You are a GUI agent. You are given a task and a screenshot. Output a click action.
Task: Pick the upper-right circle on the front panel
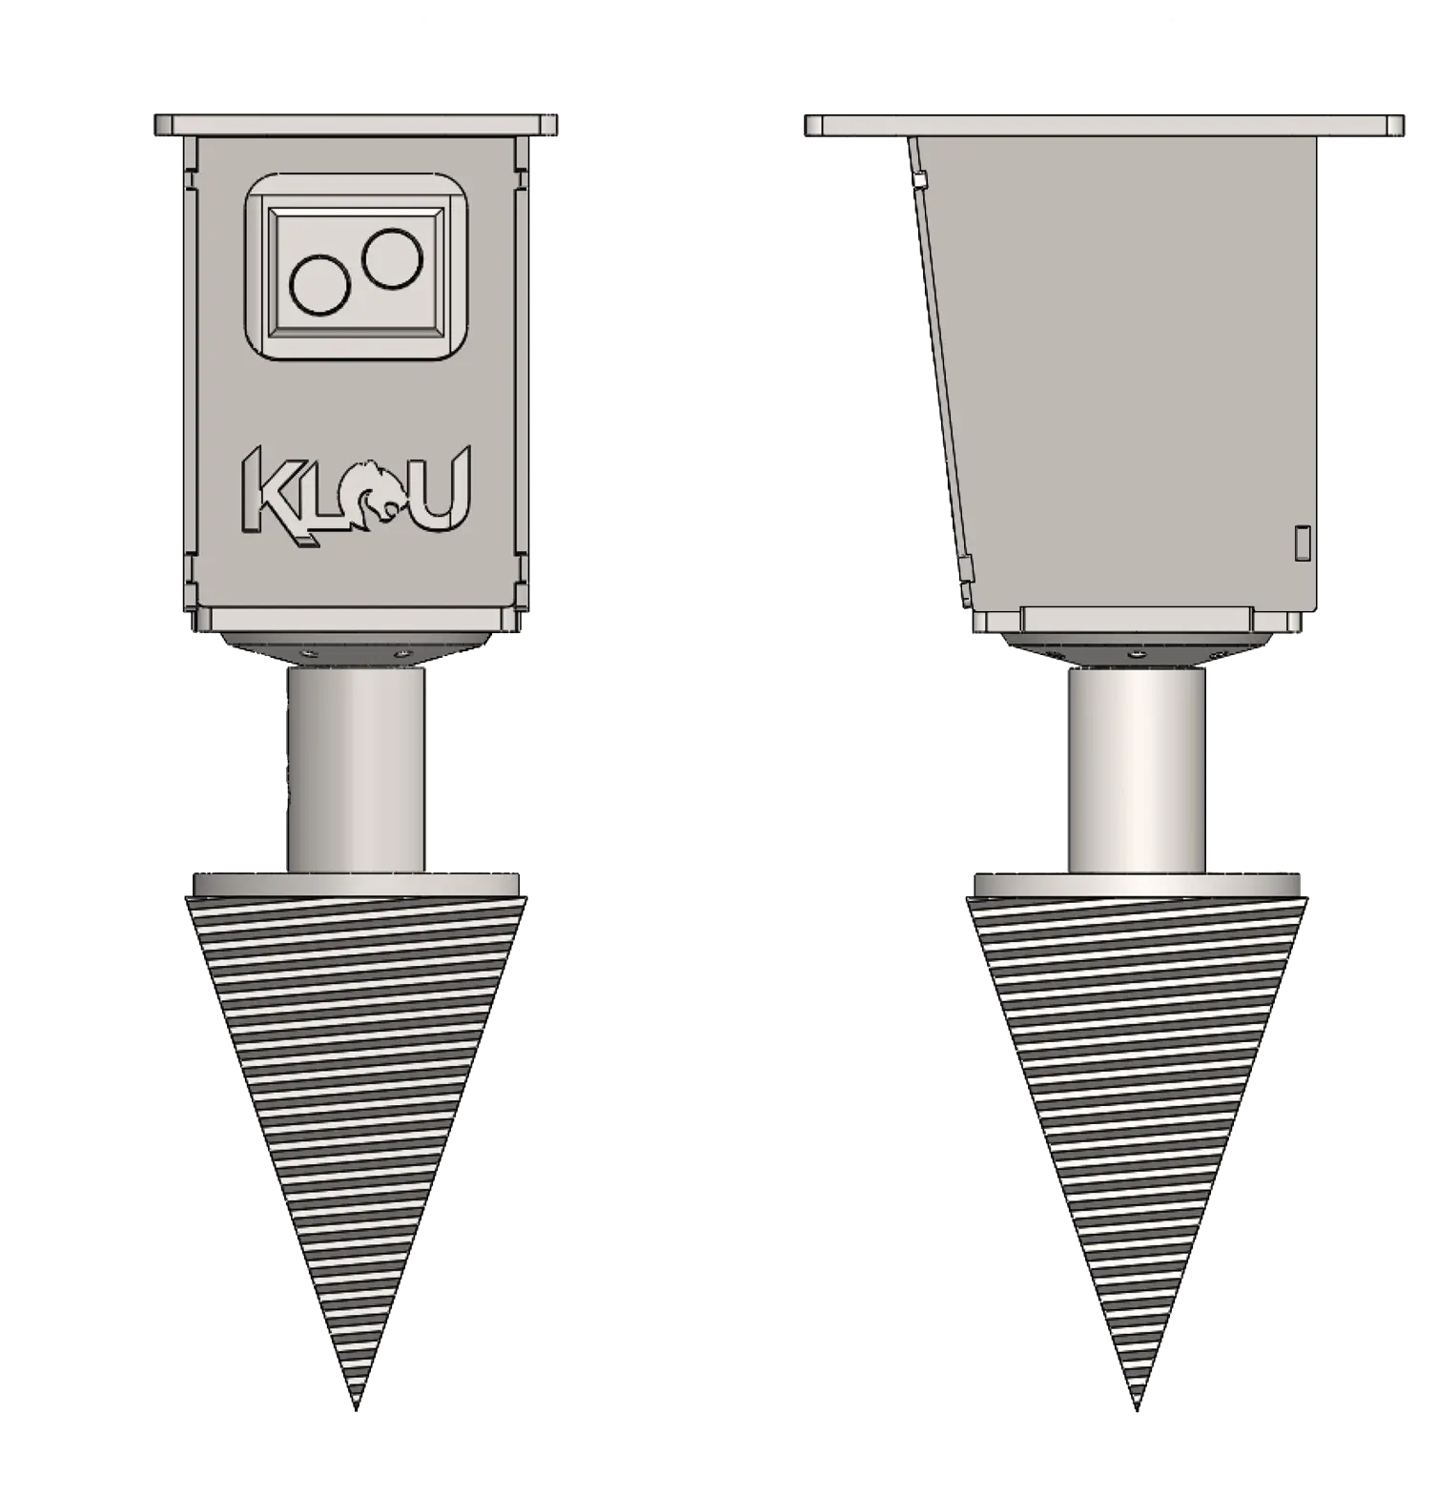point(391,257)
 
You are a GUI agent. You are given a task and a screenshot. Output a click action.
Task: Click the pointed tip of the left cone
point(356,1408)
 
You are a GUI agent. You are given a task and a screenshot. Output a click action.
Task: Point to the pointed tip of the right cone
point(1137,1408)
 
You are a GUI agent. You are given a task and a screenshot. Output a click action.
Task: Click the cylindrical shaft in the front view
point(356,768)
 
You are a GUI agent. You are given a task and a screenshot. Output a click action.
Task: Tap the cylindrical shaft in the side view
point(1137,770)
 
